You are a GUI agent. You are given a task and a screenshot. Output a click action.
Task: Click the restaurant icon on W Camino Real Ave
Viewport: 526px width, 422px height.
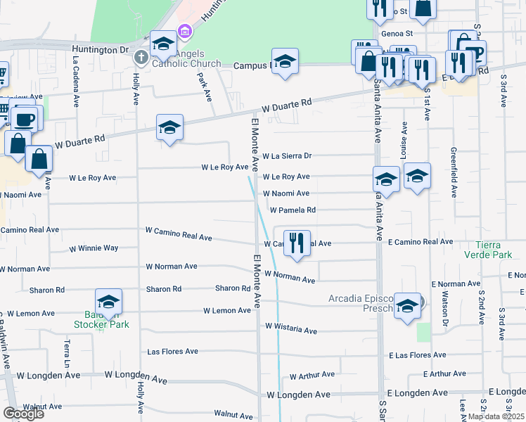297,243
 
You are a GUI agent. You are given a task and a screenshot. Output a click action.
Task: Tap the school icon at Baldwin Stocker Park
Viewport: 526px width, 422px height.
109,302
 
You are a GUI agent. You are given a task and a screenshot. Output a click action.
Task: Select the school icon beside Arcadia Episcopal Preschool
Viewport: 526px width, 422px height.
407,306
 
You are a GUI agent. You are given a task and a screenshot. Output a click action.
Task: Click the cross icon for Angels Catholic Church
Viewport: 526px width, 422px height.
141,56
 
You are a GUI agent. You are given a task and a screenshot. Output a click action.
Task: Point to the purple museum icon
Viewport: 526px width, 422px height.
185,30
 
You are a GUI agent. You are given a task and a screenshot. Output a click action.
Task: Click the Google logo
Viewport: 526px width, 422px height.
23,413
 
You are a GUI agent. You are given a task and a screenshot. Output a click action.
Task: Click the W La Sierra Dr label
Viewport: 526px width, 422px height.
286,156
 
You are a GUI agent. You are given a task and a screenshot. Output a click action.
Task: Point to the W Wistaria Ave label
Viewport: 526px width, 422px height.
291,329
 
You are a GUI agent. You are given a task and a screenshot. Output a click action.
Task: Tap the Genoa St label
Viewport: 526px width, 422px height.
396,32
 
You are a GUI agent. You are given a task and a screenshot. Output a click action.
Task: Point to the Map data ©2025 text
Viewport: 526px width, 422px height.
496,416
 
